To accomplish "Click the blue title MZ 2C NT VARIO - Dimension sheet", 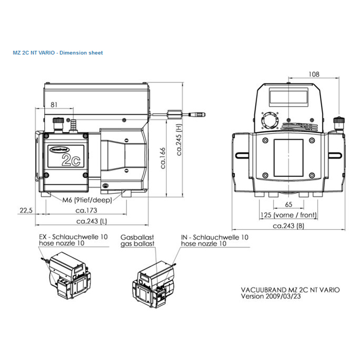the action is click(58, 53).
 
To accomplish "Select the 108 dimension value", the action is click(314, 74).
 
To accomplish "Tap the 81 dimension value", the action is click(53, 105).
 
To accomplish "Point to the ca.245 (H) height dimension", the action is click(179, 139).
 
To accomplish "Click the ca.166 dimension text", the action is click(163, 158).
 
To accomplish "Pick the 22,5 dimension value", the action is click(26, 210).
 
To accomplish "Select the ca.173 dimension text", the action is click(86, 210).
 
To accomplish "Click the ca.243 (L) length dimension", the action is click(92, 221).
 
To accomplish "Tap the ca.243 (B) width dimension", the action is click(289, 226).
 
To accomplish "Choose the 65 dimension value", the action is click(289, 204).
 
